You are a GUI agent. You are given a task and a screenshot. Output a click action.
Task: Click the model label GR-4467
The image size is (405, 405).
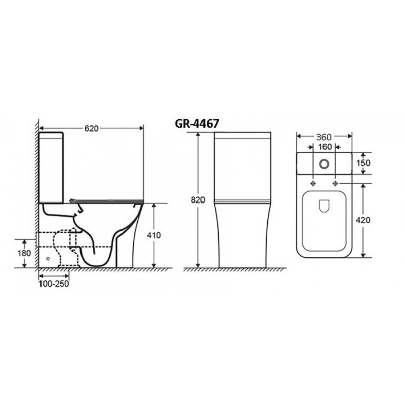[x=197, y=124]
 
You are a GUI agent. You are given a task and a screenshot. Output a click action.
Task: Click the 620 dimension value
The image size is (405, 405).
[x=92, y=128]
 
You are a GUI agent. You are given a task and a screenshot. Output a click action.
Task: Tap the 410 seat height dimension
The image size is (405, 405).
[x=154, y=235]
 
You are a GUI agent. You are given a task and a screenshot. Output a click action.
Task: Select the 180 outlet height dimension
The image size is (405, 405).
[x=24, y=253]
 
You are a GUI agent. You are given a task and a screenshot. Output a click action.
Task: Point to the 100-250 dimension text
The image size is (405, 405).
[x=54, y=283]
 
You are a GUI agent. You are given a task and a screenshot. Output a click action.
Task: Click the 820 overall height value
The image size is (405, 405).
[x=198, y=200]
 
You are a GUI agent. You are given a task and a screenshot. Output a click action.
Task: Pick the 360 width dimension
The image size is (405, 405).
[x=325, y=137]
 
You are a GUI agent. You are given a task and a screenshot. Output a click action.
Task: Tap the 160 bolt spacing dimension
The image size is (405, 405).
[x=325, y=147]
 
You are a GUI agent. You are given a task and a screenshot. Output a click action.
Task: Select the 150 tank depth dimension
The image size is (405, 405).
[x=363, y=163]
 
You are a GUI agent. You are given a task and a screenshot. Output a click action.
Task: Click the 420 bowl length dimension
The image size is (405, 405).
[x=363, y=220]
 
